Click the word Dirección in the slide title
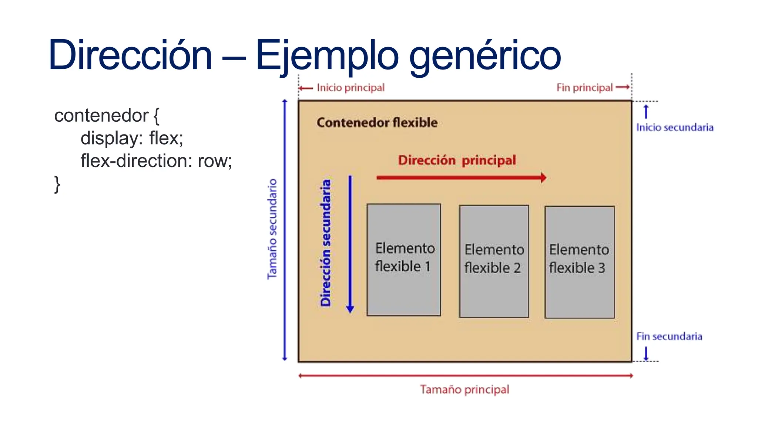tap(130, 55)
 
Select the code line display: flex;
tap(132, 138)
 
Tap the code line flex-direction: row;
tap(156, 161)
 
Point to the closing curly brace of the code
tap(57, 184)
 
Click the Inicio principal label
tap(350, 88)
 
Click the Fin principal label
tap(584, 88)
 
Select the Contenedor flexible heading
tap(377, 122)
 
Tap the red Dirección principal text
tap(457, 160)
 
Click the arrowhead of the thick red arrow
tap(543, 177)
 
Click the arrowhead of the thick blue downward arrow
tap(350, 309)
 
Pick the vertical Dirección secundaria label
tap(325, 243)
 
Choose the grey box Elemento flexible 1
tap(404, 260)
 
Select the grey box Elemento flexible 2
tap(494, 261)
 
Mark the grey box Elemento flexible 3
tap(579, 262)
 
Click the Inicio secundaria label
tap(674, 128)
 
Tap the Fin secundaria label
tap(669, 337)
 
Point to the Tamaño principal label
tap(464, 389)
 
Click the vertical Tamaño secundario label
tap(272, 229)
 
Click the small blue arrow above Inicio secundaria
tap(646, 111)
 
